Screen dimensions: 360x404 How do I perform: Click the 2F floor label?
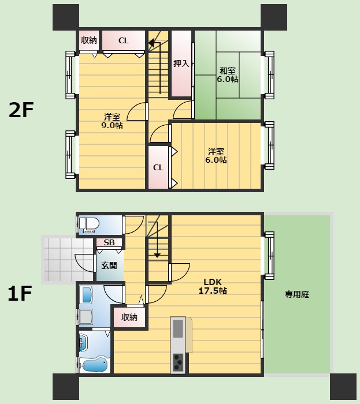tap(21, 110)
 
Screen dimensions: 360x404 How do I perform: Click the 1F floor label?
tap(20, 293)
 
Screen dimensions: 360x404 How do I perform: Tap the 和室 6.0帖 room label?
tap(227, 74)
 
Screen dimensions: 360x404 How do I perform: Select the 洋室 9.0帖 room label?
tap(112, 121)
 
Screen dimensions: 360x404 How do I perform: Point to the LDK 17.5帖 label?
tap(213, 286)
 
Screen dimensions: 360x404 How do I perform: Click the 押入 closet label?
tap(181, 63)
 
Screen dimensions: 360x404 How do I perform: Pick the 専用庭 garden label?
tap(297, 294)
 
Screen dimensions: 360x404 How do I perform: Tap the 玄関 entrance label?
tap(109, 265)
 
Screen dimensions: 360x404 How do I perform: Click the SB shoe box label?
tap(109, 242)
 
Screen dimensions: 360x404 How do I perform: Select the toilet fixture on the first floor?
tap(89, 225)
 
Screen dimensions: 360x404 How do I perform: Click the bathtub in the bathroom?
tap(94, 365)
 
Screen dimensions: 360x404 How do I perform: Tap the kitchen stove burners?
tap(178, 362)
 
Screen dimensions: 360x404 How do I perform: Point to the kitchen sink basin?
tap(178, 328)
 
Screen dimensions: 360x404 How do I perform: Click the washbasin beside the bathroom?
tap(84, 343)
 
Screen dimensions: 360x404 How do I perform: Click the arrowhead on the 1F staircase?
tap(157, 255)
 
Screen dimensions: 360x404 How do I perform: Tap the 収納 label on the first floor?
tap(129, 317)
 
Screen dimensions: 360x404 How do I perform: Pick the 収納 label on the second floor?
tap(89, 40)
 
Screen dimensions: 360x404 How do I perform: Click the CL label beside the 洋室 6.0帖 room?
tap(158, 168)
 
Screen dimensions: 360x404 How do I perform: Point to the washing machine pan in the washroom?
tap(86, 317)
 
